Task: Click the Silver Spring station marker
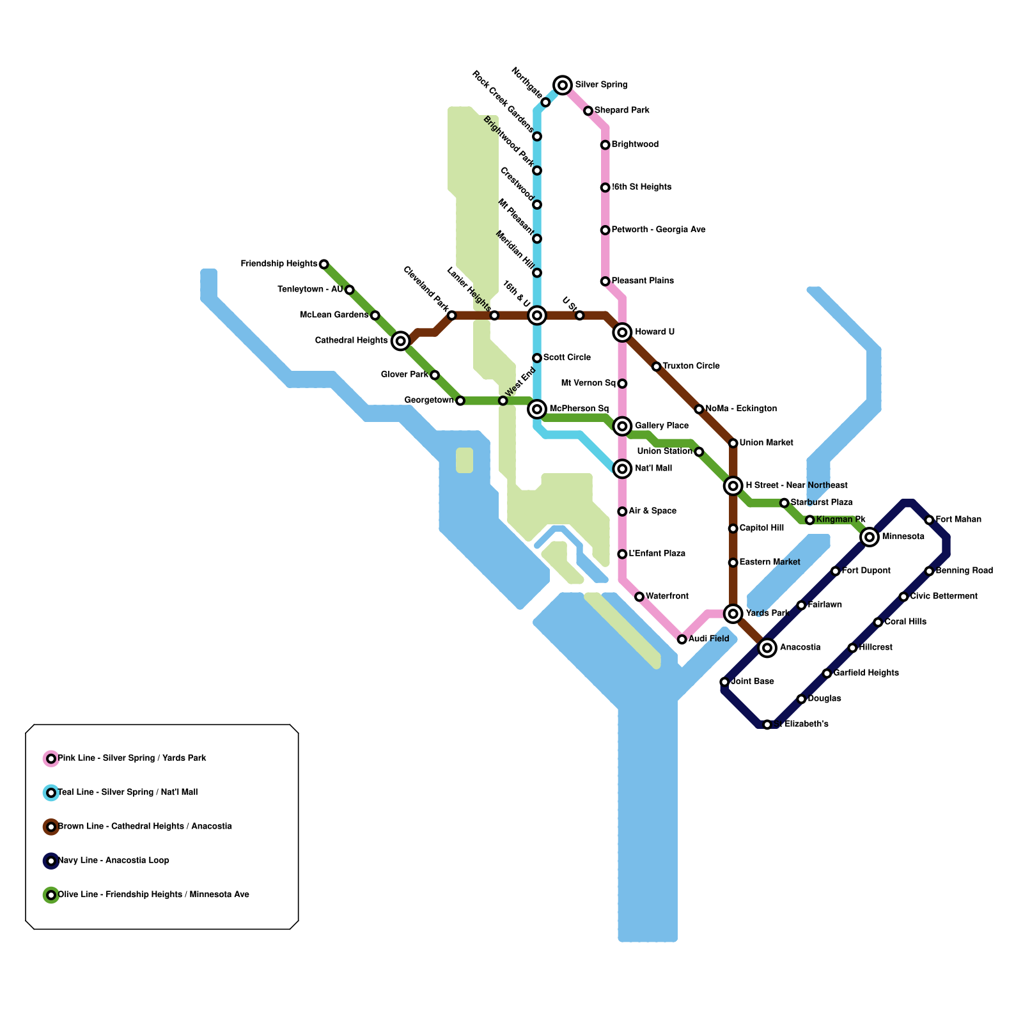click(563, 84)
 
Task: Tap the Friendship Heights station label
click(279, 263)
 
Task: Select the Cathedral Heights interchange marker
click(400, 341)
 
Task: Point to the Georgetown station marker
click(460, 401)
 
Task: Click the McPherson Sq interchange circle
click(537, 409)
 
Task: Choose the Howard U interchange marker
click(622, 332)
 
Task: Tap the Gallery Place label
click(661, 426)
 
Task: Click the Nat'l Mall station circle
click(622, 469)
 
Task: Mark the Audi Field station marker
click(682, 639)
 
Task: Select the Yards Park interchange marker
click(733, 614)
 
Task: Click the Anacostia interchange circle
click(767, 648)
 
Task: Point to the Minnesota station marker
click(869, 537)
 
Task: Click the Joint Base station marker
click(724, 682)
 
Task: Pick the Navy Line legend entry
click(113, 861)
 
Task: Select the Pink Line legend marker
click(51, 759)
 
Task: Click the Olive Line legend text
click(153, 894)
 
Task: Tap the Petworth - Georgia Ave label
click(658, 230)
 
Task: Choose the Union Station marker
click(699, 452)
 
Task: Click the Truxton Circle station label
click(691, 366)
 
